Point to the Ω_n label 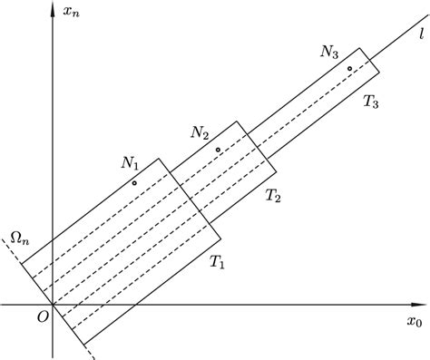pos(17,239)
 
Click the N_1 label pos(130,164)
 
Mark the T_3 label pos(371,102)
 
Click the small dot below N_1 pos(134,183)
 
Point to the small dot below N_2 pos(218,150)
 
